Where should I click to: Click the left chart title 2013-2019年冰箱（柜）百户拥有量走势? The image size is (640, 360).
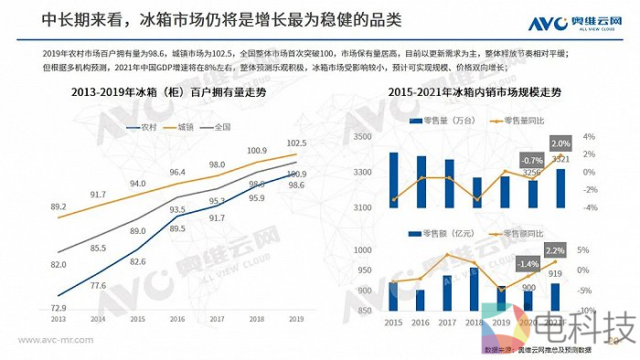[168, 93]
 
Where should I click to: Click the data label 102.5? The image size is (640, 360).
[295, 143]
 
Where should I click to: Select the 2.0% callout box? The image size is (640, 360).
[560, 143]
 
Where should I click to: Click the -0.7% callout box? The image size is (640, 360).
[530, 159]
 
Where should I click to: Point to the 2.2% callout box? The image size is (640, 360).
[555, 250]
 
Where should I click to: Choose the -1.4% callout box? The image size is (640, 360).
[528, 264]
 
